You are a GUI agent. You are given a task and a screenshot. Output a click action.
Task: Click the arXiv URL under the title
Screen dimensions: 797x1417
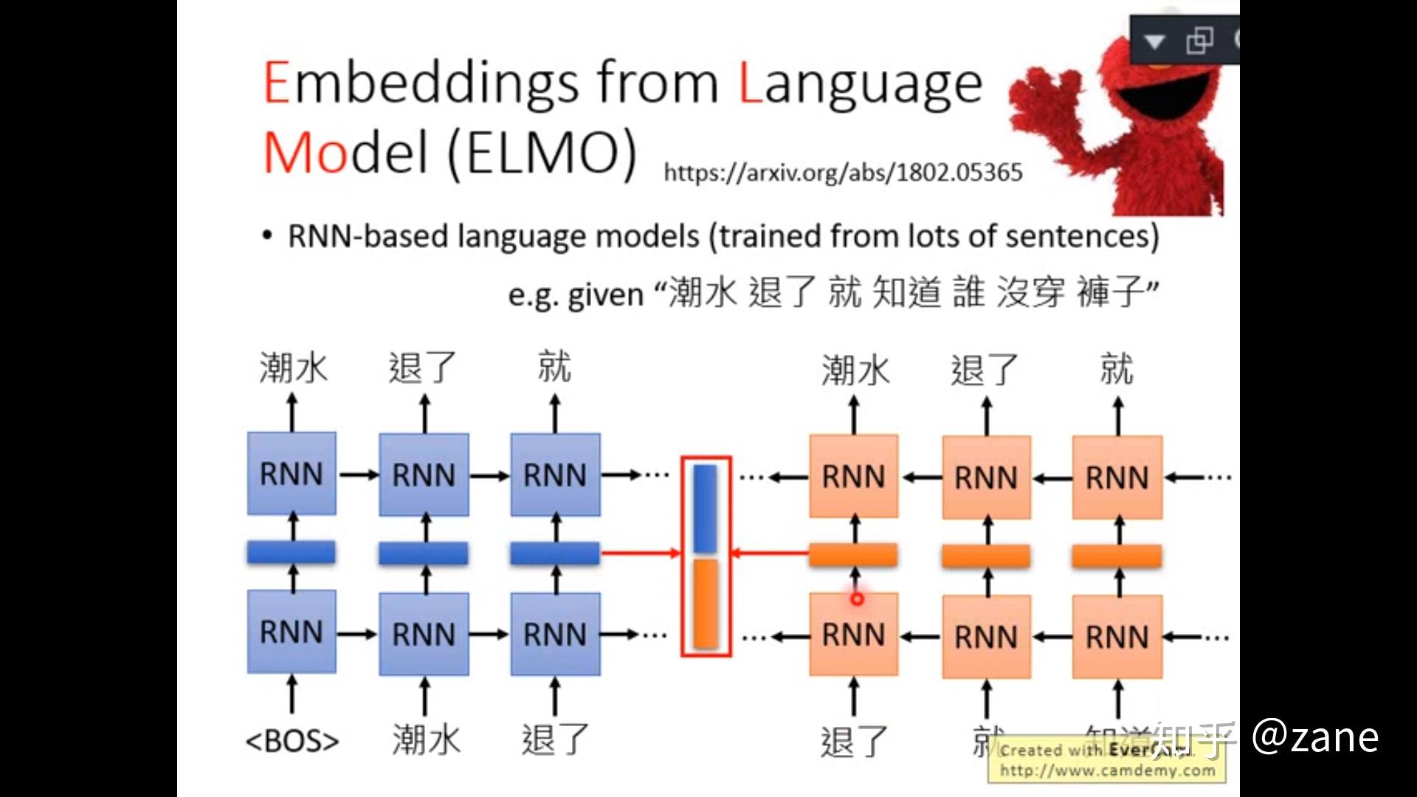click(843, 173)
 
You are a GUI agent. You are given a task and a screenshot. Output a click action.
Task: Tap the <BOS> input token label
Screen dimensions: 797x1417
click(292, 740)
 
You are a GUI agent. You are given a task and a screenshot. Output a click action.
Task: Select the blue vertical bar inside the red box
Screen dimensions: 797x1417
click(706, 508)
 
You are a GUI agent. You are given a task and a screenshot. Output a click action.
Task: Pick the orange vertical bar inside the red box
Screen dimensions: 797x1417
click(706, 604)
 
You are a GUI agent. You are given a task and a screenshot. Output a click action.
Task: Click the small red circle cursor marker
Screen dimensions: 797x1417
click(856, 599)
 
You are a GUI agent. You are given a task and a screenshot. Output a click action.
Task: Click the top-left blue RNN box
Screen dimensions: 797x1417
click(292, 474)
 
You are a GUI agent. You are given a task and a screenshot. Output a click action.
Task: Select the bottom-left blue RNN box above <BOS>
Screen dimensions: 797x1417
click(292, 632)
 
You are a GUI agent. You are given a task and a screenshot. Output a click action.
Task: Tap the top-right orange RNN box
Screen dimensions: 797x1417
click(1117, 477)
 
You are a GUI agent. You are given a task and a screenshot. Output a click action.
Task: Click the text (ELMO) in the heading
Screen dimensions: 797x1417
click(542, 153)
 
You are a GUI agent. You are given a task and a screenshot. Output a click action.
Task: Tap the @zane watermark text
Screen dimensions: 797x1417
click(1315, 736)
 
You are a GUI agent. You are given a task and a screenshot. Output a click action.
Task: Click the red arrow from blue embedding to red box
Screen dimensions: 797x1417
click(639, 552)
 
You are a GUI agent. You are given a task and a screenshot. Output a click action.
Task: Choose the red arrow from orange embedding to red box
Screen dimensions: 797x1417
click(770, 553)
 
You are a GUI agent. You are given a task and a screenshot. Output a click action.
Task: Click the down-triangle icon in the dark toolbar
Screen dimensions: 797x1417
click(1155, 41)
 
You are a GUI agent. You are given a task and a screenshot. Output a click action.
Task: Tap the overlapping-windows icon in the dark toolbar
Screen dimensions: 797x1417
click(1199, 41)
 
